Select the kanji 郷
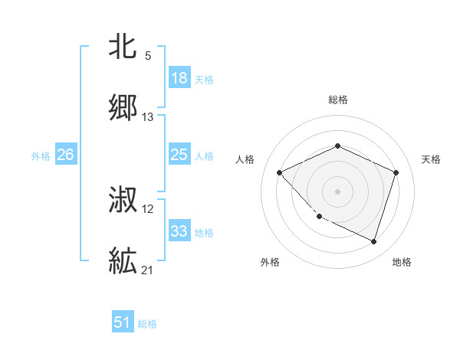[x=123, y=110]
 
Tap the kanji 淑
[x=123, y=201]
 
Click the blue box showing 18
[x=179, y=78]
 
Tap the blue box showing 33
[x=179, y=231]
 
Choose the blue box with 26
[x=65, y=155]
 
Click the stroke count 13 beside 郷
[x=148, y=117]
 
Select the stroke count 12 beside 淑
[x=148, y=209]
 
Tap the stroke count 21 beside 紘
[x=148, y=270]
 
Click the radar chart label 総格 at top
[x=337, y=100]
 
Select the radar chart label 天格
[x=431, y=159]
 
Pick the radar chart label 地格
[x=402, y=262]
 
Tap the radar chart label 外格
[x=270, y=262]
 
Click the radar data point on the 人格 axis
[x=280, y=172]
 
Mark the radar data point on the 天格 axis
[x=396, y=172]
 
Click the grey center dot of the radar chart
[x=337, y=191]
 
